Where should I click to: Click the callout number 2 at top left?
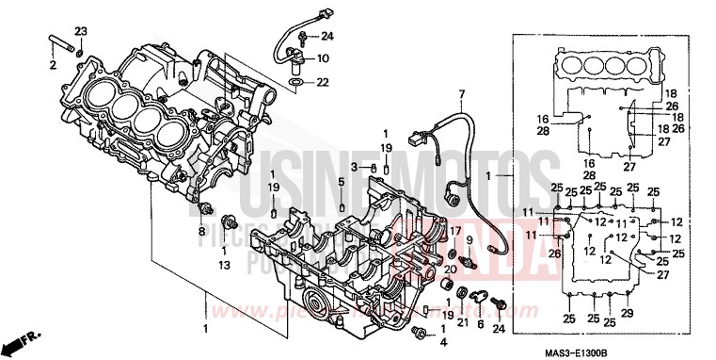point(53,65)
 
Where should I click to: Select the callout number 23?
point(80,32)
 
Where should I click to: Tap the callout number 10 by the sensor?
point(323,58)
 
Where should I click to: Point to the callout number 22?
point(323,83)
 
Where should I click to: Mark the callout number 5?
point(341,181)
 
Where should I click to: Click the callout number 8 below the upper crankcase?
point(201,230)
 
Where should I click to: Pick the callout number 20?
point(450,270)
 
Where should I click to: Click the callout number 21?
point(462,321)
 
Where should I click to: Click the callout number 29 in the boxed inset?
point(628,314)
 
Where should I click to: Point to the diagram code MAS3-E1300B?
point(666,352)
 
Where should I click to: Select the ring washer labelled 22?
point(296,84)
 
